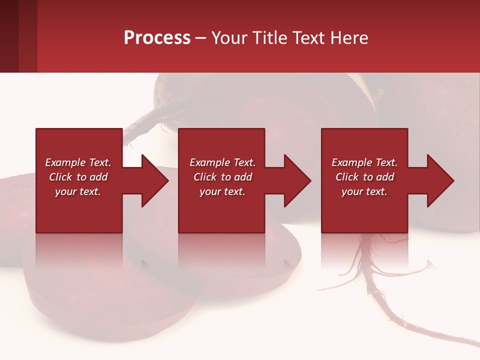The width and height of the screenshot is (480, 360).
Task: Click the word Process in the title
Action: tap(157, 38)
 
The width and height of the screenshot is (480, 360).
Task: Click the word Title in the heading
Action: tap(270, 38)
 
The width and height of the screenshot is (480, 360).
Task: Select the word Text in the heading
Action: tap(309, 38)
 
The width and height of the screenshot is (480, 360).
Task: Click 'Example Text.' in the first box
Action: tap(78, 162)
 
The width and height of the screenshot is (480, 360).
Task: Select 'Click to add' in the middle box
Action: tap(222, 177)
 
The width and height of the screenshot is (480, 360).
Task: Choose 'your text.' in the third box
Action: tap(364, 191)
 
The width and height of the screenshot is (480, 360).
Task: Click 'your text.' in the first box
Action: tap(78, 191)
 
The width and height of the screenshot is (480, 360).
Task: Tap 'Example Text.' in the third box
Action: tap(364, 162)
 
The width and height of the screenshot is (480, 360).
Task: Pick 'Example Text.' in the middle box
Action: tap(222, 162)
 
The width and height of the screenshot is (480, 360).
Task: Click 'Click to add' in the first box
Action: tap(78, 177)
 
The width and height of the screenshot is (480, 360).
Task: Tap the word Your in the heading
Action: tap(230, 38)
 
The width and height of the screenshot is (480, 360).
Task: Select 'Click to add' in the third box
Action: tap(364, 177)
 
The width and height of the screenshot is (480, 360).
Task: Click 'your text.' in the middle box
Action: tap(222, 191)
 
